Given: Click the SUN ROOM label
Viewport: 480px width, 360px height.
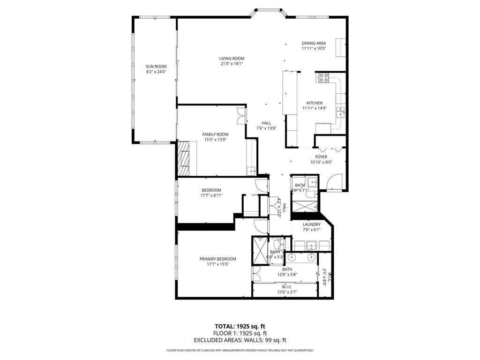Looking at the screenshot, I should click(156, 67).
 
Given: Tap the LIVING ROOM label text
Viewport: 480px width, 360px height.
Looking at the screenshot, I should click(232, 59).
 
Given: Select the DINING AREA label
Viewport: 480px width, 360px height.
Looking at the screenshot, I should click(314, 43).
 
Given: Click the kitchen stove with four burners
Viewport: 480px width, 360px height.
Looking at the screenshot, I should click(323, 78).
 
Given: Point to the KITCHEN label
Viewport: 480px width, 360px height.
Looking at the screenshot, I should click(314, 103).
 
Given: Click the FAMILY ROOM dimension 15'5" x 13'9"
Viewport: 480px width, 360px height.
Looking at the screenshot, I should click(215, 139).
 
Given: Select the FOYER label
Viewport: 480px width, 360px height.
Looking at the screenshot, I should click(321, 157).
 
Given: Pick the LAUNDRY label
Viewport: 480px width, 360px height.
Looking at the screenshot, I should click(311, 225).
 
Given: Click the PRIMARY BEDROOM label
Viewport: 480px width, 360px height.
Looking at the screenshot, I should click(217, 259).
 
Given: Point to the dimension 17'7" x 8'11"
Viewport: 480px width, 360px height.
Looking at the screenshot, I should click(211, 195).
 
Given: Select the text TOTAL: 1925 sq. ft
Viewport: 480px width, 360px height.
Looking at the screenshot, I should click(240, 326).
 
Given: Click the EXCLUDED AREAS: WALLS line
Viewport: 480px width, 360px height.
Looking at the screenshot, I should click(240, 340).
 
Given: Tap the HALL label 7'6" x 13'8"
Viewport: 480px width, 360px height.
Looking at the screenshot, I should click(266, 126).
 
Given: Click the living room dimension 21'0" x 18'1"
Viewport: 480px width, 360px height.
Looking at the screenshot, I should click(232, 64).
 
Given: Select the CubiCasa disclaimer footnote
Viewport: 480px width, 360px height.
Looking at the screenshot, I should click(240, 350).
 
